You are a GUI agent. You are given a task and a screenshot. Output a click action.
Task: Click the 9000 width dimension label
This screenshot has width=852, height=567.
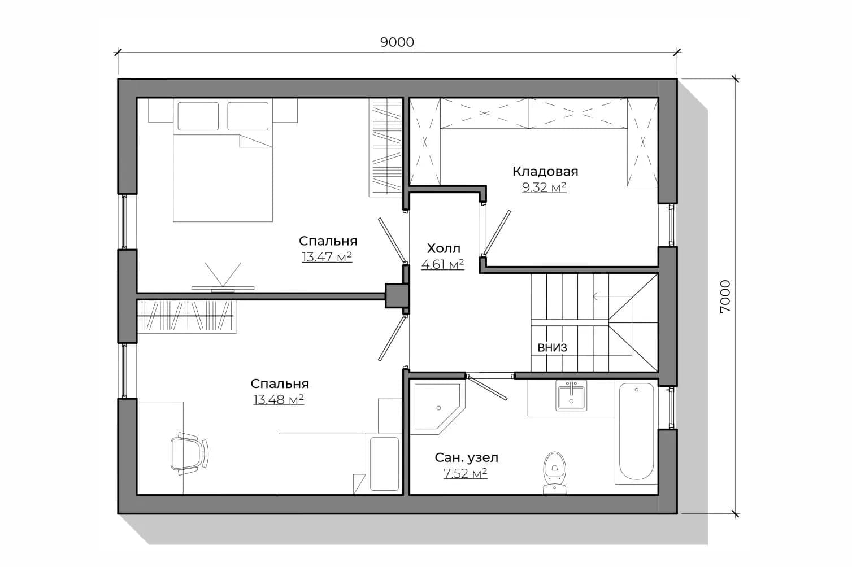(x=397, y=42)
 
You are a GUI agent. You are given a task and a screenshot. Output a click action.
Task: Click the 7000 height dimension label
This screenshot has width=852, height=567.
(x=725, y=296)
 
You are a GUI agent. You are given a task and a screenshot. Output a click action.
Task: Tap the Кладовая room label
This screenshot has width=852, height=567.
(x=545, y=172)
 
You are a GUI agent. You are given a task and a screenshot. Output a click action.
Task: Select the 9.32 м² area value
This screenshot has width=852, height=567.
(x=544, y=187)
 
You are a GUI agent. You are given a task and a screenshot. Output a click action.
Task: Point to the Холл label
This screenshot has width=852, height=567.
(x=444, y=248)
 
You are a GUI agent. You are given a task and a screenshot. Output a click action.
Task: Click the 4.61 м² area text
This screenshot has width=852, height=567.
(x=443, y=264)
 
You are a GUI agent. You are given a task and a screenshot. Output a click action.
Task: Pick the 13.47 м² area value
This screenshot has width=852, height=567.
(x=327, y=257)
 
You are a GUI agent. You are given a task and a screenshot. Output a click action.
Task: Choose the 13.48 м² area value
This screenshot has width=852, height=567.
(x=279, y=400)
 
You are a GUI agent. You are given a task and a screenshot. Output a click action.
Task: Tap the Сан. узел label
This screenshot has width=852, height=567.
(x=466, y=457)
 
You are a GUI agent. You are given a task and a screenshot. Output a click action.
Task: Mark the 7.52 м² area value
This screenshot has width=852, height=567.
(x=465, y=473)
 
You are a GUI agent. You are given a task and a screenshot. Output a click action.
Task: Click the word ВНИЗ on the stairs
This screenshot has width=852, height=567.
(x=553, y=347)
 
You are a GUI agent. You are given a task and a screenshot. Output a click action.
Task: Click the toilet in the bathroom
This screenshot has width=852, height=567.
(x=555, y=473)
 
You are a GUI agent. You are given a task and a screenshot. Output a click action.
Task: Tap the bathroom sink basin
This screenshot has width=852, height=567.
(x=571, y=396)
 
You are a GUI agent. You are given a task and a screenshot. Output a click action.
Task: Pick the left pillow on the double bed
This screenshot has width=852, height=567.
(x=198, y=116)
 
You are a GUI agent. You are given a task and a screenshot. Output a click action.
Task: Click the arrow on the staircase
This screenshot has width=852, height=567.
(x=612, y=296)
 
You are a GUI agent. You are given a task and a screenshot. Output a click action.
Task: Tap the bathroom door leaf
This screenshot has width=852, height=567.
(x=487, y=388)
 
